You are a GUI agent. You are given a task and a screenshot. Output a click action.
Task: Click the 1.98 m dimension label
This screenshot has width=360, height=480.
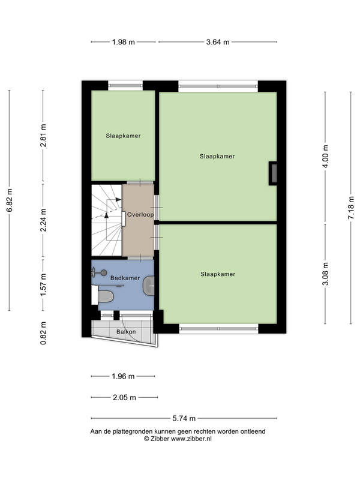(x=124, y=42)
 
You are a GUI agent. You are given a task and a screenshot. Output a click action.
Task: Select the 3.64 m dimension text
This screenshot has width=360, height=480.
(x=218, y=42)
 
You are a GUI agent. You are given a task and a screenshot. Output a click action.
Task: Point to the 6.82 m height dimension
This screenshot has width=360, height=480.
(x=10, y=200)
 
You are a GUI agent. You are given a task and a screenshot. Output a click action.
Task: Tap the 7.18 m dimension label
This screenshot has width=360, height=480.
(x=351, y=207)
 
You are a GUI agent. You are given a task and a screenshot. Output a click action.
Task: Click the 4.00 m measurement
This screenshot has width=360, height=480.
(x=325, y=156)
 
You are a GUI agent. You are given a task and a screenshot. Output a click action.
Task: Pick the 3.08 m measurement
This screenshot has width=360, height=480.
(x=325, y=274)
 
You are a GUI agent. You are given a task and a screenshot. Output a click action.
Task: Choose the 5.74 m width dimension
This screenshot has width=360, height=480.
(x=184, y=418)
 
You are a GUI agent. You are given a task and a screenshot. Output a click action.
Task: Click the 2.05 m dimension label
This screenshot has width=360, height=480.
(x=124, y=397)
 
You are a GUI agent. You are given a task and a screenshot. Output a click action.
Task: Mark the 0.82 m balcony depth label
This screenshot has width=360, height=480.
(x=43, y=333)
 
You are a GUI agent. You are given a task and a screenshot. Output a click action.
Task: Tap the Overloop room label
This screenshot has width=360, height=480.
(x=140, y=215)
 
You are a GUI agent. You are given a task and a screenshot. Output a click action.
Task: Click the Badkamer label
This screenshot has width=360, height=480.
(x=125, y=278)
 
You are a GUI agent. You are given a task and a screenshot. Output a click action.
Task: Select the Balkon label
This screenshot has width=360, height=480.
(x=126, y=332)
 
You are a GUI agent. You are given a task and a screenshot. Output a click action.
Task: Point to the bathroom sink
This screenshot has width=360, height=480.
(x=149, y=286)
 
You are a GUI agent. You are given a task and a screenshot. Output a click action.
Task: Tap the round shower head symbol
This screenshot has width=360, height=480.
(x=104, y=272)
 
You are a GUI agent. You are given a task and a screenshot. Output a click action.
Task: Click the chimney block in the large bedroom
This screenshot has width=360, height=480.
(x=273, y=173)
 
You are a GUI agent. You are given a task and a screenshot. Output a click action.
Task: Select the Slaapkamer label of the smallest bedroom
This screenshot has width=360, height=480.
(x=123, y=136)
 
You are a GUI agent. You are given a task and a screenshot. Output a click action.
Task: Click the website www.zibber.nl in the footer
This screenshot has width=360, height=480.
(x=191, y=439)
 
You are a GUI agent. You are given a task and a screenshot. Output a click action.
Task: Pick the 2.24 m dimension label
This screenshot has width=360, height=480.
(x=43, y=220)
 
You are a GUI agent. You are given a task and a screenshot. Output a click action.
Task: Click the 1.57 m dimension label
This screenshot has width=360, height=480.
(x=43, y=284)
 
